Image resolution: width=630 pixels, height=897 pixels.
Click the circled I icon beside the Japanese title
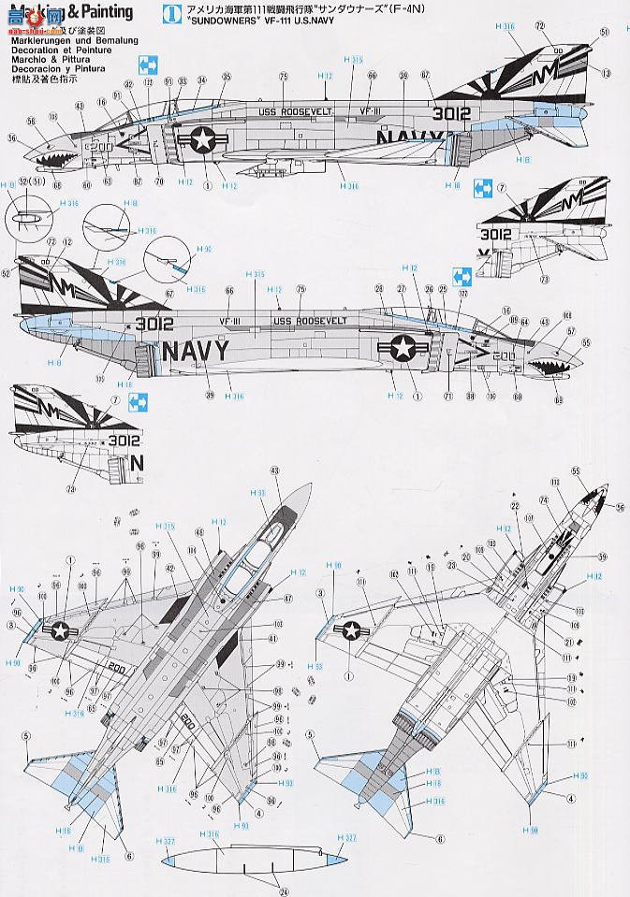pyautogui.click(x=168, y=12)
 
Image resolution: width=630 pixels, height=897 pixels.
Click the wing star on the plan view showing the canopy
pyautogui.click(x=63, y=632)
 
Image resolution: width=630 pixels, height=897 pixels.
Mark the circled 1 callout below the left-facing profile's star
pyautogui.click(x=204, y=185)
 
